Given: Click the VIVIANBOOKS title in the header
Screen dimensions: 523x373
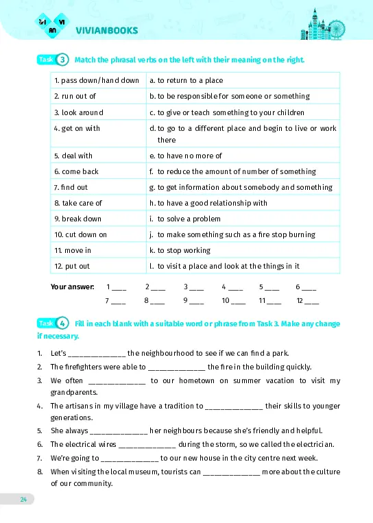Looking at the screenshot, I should pos(107,30).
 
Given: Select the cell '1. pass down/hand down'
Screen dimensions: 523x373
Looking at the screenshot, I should pos(96,80).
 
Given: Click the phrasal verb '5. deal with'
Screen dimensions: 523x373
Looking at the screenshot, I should pos(73,156).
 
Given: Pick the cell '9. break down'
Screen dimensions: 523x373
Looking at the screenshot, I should pos(77,219).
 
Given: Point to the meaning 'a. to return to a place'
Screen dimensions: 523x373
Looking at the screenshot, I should pos(186,80).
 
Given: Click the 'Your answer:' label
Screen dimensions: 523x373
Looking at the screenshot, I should pos(73,287).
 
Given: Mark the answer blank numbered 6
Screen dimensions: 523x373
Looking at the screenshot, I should pos(309,287).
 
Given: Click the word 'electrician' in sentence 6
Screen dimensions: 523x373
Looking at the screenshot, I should pos(315,443).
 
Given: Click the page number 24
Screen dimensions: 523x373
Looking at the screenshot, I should pos(23,498).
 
